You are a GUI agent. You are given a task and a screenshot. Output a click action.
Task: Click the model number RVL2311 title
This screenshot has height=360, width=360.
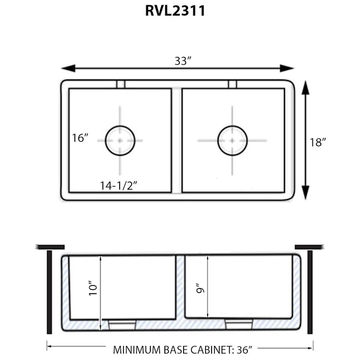coord(175,11)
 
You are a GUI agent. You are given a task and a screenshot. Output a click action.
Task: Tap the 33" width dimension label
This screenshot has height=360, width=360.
coord(183,61)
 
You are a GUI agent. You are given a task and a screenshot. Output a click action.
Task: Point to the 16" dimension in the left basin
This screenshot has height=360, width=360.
coord(80,138)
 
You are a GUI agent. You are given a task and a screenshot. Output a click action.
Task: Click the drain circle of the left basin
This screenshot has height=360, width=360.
coord(120,140)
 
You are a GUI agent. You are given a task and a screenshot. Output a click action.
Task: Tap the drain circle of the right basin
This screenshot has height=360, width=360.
coord(232,140)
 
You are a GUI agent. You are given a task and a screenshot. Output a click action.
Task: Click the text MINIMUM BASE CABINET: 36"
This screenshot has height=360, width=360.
coord(182,350)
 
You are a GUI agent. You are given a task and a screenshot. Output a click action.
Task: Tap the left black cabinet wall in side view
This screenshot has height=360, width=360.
coord(49,292)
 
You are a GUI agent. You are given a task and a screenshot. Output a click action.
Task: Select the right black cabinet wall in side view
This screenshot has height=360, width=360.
coord(310,292)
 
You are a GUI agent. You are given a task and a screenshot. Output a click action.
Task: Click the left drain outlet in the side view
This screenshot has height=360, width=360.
coord(122,324)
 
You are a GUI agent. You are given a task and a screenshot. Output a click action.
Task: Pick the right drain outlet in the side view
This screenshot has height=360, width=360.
coord(239,324)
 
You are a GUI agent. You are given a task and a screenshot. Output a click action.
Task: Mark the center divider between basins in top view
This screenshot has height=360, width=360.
coord(177,140)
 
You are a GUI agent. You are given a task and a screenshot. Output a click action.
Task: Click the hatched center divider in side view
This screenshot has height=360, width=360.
coord(180,288)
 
